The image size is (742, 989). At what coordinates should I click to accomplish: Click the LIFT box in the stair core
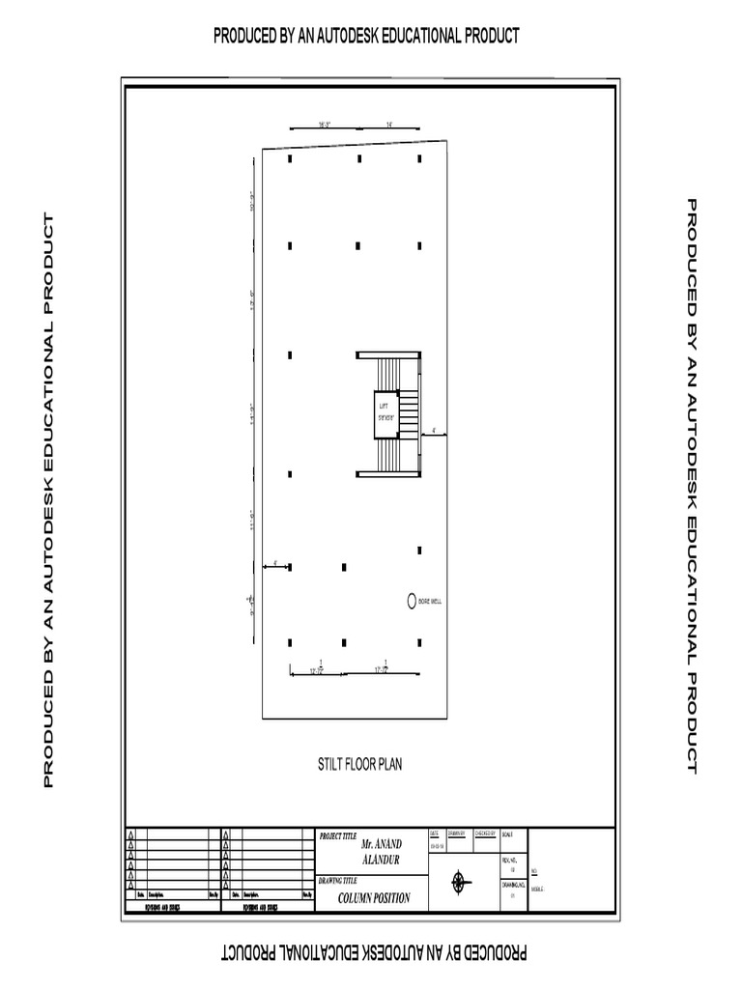click(386, 411)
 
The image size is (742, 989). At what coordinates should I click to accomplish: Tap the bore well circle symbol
click(411, 601)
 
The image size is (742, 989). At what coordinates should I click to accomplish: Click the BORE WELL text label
click(431, 601)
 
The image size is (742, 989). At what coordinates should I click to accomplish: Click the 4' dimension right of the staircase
click(434, 431)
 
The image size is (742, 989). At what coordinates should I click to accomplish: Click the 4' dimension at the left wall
click(275, 562)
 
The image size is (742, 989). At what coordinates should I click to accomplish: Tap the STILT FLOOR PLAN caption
click(360, 764)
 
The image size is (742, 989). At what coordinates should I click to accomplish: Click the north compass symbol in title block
click(460, 882)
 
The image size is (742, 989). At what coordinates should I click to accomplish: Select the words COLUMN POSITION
click(374, 898)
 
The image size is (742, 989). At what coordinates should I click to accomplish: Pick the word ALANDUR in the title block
click(380, 860)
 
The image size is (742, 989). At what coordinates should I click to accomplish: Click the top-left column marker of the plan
click(290, 159)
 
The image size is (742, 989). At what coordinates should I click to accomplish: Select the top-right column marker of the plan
click(419, 159)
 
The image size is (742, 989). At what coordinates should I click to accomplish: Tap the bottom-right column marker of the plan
click(419, 640)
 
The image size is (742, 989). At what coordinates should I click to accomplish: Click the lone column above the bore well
click(419, 551)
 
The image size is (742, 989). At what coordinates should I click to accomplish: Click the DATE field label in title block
click(435, 833)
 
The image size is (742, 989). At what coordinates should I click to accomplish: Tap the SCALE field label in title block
click(508, 833)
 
